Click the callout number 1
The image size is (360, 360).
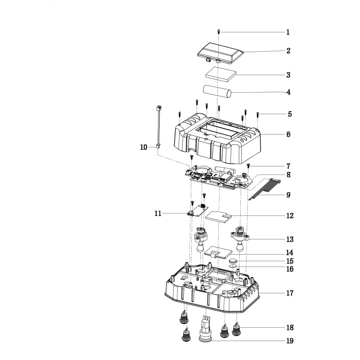pyautogui.click(x=288, y=32)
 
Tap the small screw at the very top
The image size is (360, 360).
pyautogui.click(x=219, y=32)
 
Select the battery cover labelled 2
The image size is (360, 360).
pyautogui.click(x=220, y=53)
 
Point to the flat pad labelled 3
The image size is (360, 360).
pyautogui.click(x=220, y=75)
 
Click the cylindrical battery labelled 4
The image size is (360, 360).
pyautogui.click(x=217, y=93)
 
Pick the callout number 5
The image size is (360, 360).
pyautogui.click(x=290, y=114)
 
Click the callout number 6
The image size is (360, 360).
pyautogui.click(x=288, y=134)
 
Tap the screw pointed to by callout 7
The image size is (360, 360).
pyautogui.click(x=248, y=166)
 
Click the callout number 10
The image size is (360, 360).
pyautogui.click(x=144, y=147)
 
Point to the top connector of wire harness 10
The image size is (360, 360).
pyautogui.click(x=158, y=108)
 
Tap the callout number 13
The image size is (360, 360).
pyautogui.click(x=290, y=239)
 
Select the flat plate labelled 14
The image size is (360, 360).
pyautogui.click(x=218, y=252)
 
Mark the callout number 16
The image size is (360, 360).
pyautogui.click(x=290, y=269)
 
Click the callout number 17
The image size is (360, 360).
pyautogui.click(x=290, y=293)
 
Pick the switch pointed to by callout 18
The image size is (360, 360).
pyautogui.click(x=237, y=329)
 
